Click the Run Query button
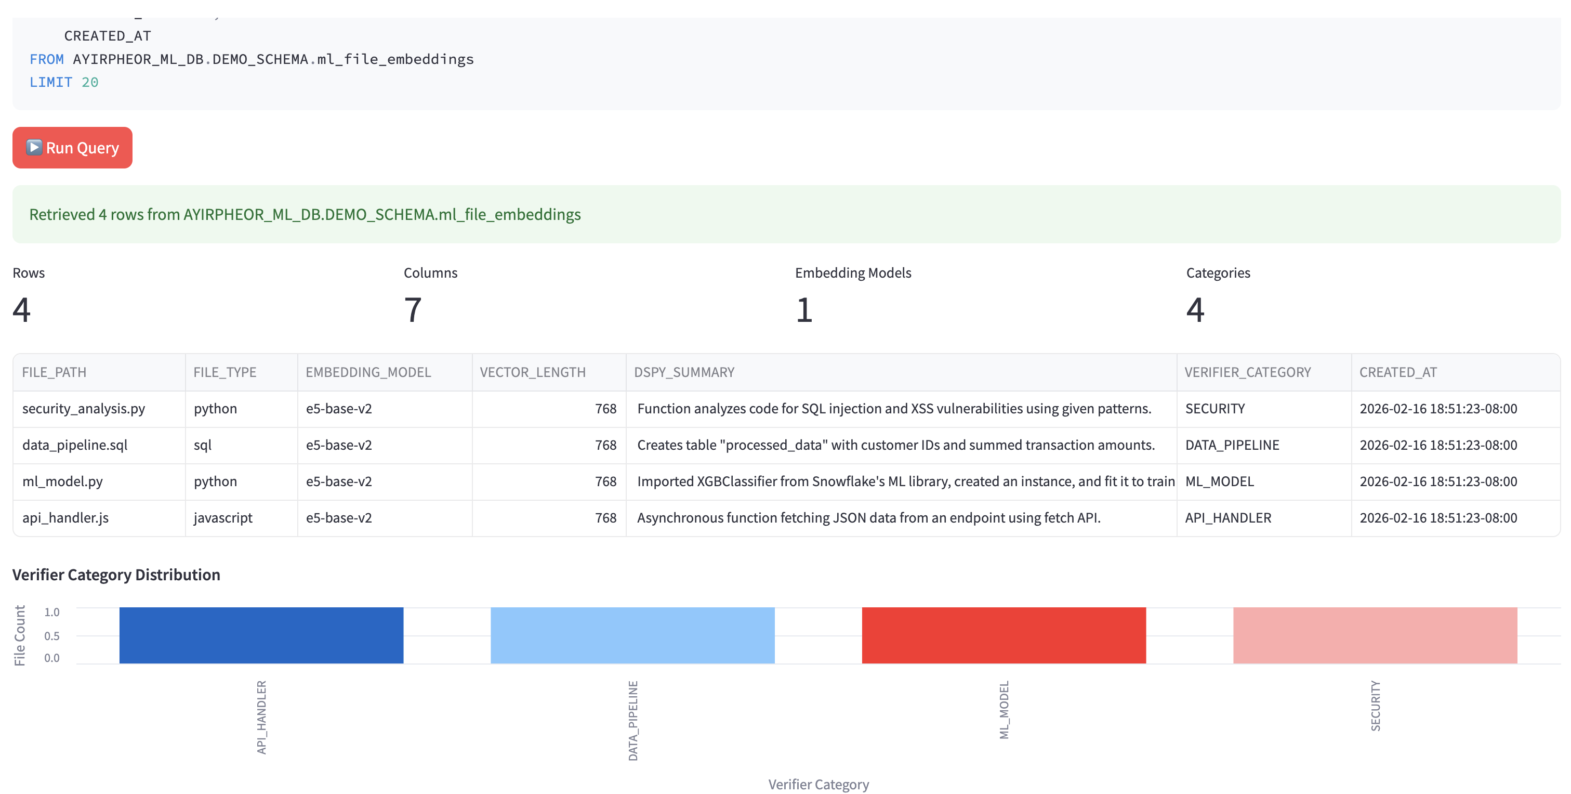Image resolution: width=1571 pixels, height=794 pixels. pyautogui.click(x=72, y=148)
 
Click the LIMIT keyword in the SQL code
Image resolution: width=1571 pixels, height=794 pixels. pyautogui.click(x=50, y=82)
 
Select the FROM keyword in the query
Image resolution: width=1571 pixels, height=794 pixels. pyautogui.click(x=46, y=59)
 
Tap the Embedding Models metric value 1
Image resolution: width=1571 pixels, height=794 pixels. pyautogui.click(x=804, y=310)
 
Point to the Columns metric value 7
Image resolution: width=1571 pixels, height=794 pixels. pyautogui.click(x=413, y=310)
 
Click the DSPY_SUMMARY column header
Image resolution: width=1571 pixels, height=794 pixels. pyautogui.click(x=684, y=372)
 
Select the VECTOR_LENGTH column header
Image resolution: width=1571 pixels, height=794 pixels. pyautogui.click(x=532, y=372)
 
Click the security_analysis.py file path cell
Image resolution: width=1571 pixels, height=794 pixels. pyautogui.click(x=84, y=408)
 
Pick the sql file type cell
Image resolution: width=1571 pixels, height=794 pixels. pyautogui.click(x=203, y=445)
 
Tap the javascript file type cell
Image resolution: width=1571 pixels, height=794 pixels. pyautogui.click(x=222, y=517)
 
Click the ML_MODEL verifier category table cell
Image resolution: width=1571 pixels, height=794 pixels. pyautogui.click(x=1219, y=481)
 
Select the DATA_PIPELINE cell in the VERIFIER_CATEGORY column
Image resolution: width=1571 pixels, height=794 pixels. pyautogui.click(x=1232, y=445)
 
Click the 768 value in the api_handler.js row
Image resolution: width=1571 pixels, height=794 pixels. pyautogui.click(x=605, y=517)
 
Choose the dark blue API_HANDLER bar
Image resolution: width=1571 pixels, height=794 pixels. pyautogui.click(x=261, y=635)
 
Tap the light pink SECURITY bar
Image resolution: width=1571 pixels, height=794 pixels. pyautogui.click(x=1375, y=635)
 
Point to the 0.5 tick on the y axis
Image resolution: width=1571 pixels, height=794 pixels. pyautogui.click(x=52, y=636)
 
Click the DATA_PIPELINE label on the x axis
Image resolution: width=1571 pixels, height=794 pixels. pyautogui.click(x=632, y=720)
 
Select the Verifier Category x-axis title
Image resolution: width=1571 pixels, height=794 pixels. pyautogui.click(x=818, y=784)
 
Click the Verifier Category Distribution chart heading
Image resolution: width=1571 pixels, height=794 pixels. pyautogui.click(x=116, y=575)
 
